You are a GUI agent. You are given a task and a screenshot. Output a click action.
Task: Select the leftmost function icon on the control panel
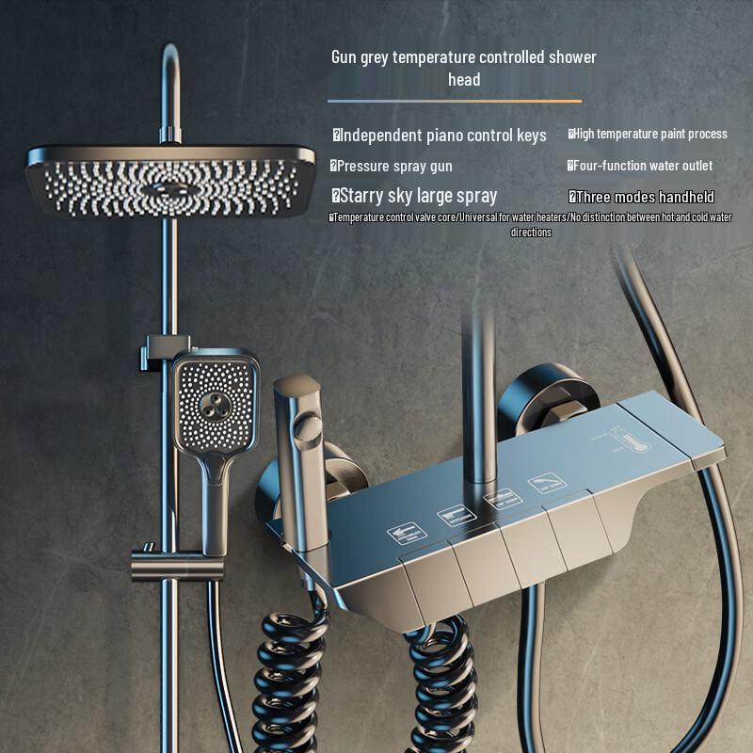(x=407, y=534)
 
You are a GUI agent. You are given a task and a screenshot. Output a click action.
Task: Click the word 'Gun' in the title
(x=344, y=57)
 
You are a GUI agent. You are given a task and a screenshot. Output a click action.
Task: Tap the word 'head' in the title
(x=464, y=80)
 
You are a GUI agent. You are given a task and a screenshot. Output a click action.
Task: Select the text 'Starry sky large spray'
(x=414, y=196)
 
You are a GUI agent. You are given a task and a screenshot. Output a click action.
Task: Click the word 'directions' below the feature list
(x=531, y=232)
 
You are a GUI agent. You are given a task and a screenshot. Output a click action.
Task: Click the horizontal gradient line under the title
(x=455, y=101)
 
